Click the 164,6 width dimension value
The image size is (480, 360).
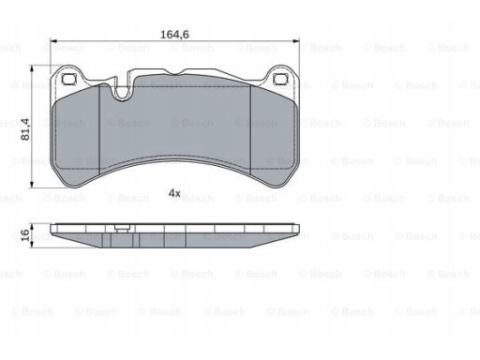(174, 34)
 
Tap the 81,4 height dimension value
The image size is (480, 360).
(25, 129)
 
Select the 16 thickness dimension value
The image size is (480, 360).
(25, 234)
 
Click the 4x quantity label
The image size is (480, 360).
(174, 193)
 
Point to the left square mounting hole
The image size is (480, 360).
(68, 79)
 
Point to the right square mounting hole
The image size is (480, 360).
(280, 79)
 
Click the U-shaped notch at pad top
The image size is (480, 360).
(123, 92)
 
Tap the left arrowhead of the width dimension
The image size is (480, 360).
(53, 41)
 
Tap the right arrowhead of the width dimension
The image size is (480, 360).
(295, 41)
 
